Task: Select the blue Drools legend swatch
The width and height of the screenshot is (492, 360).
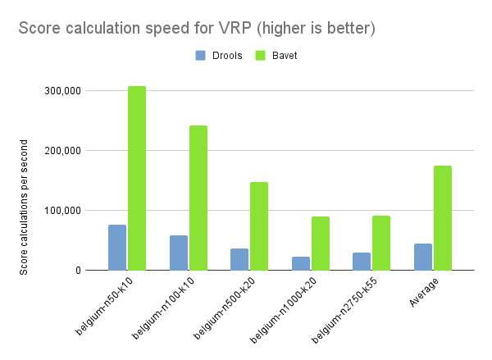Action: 201,56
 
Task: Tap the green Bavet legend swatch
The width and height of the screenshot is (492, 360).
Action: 262,56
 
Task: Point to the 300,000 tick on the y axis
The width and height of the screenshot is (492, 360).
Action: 62,91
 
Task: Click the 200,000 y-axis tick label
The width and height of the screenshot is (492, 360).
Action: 62,151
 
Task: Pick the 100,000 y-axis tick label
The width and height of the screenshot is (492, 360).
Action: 62,211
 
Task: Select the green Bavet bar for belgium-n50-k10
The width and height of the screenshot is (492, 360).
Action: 136,178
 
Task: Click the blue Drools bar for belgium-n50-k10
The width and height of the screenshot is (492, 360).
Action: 116,247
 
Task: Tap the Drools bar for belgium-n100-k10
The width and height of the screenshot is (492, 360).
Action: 178,253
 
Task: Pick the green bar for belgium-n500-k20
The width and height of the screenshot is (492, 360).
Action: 259,226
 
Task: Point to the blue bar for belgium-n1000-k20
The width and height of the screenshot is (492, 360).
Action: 300,263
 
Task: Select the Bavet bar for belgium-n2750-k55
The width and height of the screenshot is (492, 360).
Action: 381,243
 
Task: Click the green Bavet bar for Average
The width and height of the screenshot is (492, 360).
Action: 443,217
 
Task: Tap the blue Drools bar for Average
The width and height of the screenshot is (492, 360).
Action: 423,257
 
